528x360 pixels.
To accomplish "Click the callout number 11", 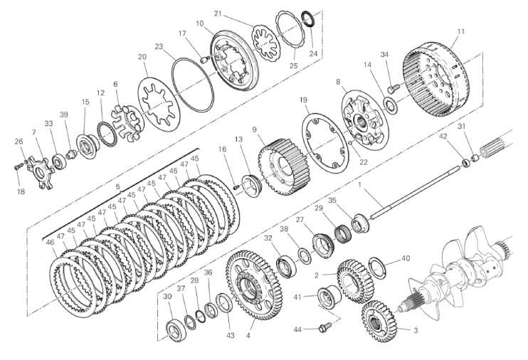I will coord(461,31).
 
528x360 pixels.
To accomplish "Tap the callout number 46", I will coord(51,243).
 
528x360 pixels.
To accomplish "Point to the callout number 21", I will coord(218,13).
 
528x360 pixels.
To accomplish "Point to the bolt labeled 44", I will coord(325,329).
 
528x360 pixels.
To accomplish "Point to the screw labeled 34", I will coord(391,88).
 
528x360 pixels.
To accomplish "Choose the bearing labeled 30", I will coord(174,329).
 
